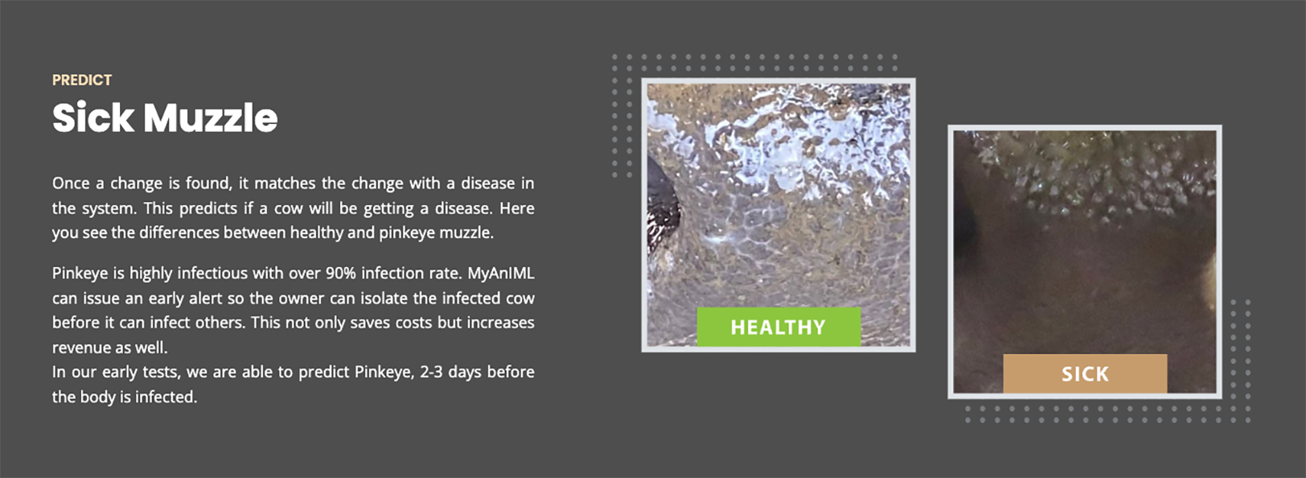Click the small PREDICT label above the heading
(82, 80)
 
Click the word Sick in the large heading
(93, 118)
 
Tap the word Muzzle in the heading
(211, 118)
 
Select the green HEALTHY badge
(778, 327)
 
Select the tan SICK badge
(1085, 373)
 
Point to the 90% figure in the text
(340, 273)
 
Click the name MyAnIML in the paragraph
(501, 273)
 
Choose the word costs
(413, 323)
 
